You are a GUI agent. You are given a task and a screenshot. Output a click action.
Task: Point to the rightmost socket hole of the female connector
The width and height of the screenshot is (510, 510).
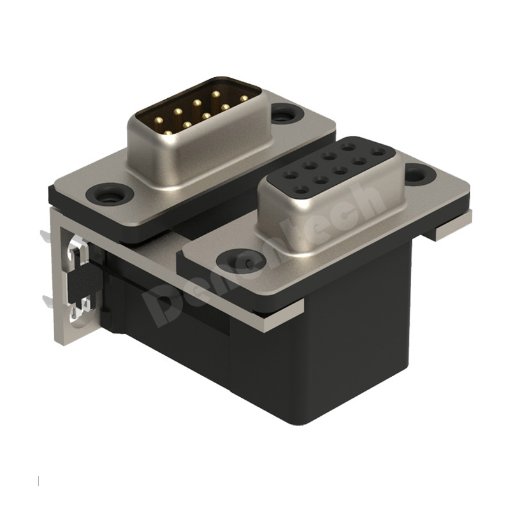[x=380, y=152]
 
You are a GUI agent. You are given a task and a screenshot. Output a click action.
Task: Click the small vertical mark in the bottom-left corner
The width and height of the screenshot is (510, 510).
[x=40, y=479]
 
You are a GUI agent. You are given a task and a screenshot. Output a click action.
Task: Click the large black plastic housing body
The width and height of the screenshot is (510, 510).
[x=319, y=370]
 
